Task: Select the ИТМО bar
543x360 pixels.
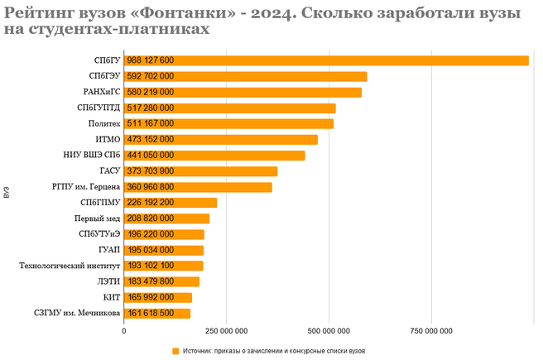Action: [x=248, y=140]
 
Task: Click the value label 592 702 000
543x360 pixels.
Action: [x=150, y=76]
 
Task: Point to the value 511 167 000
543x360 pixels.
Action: [x=150, y=124]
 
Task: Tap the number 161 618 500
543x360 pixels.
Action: [x=150, y=314]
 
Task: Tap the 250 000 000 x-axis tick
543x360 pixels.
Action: [x=227, y=331]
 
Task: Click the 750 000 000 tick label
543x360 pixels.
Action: [x=432, y=331]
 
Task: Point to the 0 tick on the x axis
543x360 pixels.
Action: [x=124, y=331]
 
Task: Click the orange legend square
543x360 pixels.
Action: [x=175, y=351]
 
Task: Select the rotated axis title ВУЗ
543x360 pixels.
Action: [x=7, y=193]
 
